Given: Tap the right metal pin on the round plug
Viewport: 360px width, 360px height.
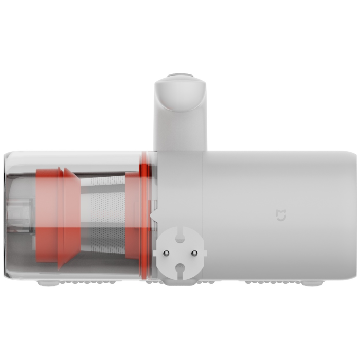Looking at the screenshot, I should (x=195, y=252).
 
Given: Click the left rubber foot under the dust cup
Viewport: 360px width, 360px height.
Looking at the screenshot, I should (x=45, y=283).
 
